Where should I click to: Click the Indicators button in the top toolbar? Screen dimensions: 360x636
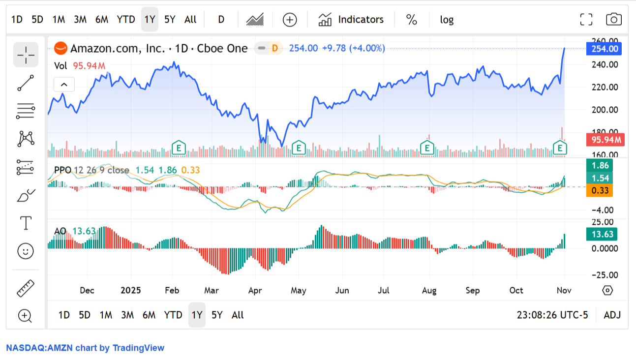(x=351, y=20)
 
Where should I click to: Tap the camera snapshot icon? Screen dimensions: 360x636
(x=613, y=20)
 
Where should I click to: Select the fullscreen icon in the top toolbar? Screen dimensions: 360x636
(x=586, y=20)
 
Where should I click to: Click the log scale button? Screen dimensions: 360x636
(x=447, y=20)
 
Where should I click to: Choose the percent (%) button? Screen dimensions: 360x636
(x=412, y=20)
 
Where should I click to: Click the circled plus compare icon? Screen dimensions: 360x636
(x=290, y=20)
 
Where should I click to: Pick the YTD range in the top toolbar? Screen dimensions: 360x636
(x=126, y=20)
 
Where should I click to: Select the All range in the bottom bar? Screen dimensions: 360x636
(x=238, y=315)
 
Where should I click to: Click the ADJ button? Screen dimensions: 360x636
(x=612, y=315)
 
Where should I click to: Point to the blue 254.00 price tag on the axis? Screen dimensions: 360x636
(x=605, y=49)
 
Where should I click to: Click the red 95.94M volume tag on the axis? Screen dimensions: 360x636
(x=605, y=140)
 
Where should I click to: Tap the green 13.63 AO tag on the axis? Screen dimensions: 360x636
(x=602, y=234)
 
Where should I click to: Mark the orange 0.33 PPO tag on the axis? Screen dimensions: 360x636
(x=599, y=191)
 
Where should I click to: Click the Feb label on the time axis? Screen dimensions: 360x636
(x=172, y=290)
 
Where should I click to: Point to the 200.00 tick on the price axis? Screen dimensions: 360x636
(x=604, y=110)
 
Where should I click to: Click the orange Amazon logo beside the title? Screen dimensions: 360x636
(x=61, y=48)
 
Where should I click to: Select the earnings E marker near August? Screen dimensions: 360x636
(x=427, y=147)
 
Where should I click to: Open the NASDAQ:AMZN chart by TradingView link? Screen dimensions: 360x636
(x=85, y=348)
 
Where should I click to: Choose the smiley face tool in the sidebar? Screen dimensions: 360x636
(x=25, y=251)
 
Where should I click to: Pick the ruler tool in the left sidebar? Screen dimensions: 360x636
(x=25, y=288)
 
